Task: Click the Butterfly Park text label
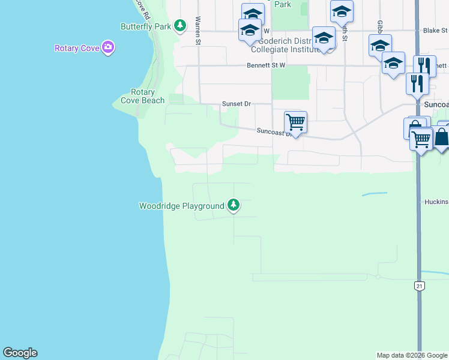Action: [x=146, y=27]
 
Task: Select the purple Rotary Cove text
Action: [x=76, y=49]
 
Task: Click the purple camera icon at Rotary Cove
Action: [x=108, y=47]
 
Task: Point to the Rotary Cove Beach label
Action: [x=143, y=97]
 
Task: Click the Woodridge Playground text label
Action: [x=181, y=206]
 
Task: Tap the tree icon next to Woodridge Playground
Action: [x=234, y=206]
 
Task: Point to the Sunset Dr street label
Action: [x=236, y=104]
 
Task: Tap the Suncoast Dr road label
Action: [x=274, y=131]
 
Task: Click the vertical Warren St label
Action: [x=197, y=31]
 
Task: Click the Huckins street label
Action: [x=435, y=202]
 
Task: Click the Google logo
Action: [x=20, y=353]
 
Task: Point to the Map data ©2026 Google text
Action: [x=412, y=355]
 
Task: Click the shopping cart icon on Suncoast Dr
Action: [x=295, y=122]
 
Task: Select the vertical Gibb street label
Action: [x=380, y=27]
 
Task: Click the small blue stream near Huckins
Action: [x=375, y=194]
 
